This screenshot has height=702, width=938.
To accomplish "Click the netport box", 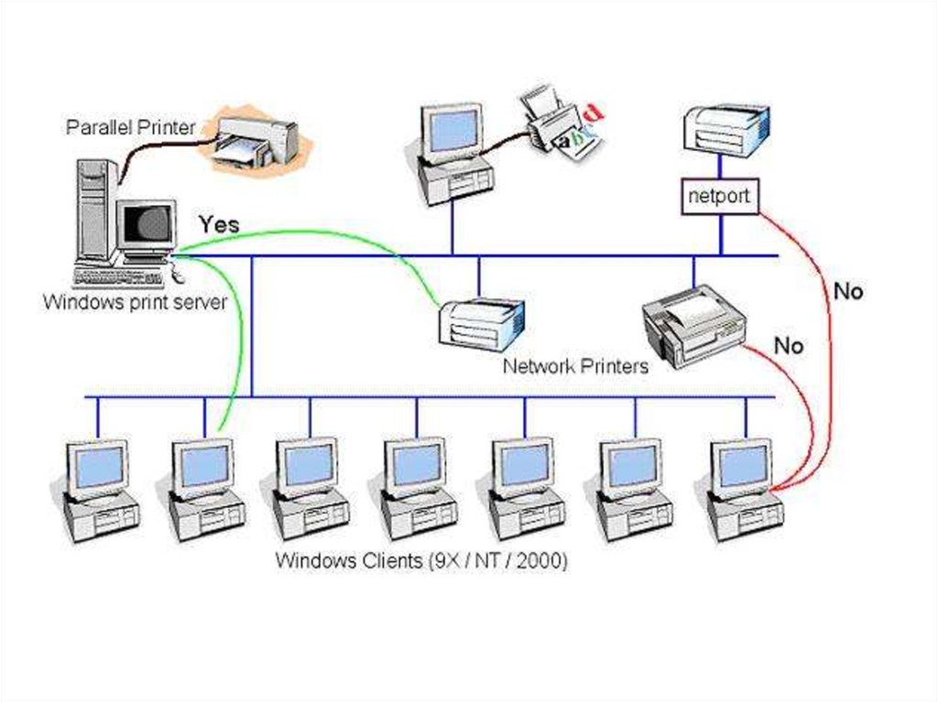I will click(x=719, y=196).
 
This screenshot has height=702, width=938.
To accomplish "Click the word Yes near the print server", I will click(x=219, y=224).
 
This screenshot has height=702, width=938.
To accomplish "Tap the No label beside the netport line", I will click(x=847, y=292).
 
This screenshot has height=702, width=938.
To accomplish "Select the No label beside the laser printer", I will click(x=789, y=346).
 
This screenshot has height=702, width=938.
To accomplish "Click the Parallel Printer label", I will click(x=130, y=127).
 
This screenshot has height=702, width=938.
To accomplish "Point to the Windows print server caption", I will click(x=135, y=302).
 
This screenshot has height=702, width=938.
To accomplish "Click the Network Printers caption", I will click(x=575, y=366).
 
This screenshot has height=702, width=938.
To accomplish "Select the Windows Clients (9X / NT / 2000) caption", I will click(x=421, y=560).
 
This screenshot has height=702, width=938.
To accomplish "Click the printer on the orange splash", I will click(x=256, y=141).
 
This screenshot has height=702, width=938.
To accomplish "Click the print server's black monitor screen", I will click(x=147, y=223).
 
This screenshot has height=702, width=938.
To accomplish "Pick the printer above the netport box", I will click(x=726, y=129).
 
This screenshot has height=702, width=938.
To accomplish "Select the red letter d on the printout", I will click(x=594, y=113).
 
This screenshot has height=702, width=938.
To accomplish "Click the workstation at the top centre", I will click(x=454, y=151).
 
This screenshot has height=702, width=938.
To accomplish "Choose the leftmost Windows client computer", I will click(x=100, y=490).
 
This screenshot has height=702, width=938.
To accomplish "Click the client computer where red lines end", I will click(x=744, y=490).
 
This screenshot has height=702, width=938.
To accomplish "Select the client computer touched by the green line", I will click(x=206, y=490).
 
